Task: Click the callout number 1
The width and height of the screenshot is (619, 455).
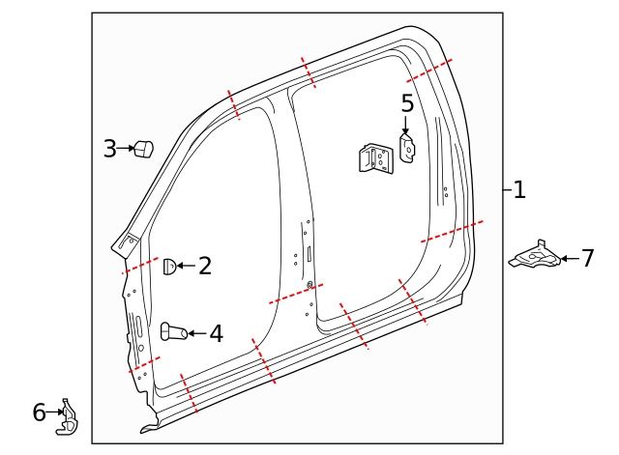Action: (x=519, y=190)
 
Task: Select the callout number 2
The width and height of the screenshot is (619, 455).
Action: (x=205, y=266)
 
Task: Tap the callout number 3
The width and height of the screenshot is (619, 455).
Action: (x=110, y=149)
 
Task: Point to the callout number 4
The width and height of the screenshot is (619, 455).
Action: (x=216, y=334)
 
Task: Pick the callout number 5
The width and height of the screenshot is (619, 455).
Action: (x=407, y=103)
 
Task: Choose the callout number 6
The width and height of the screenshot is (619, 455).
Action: (x=39, y=413)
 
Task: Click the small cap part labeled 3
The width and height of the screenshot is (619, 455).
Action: (x=143, y=150)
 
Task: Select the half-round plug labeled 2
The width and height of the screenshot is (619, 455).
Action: (x=168, y=267)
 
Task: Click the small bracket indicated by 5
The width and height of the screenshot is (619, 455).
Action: (x=407, y=148)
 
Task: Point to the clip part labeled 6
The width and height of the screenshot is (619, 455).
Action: (x=68, y=416)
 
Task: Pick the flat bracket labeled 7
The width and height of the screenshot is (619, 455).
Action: (x=534, y=256)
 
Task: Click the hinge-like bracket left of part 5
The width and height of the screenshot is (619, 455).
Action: (x=375, y=158)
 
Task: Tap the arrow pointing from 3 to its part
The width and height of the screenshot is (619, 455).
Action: (x=125, y=149)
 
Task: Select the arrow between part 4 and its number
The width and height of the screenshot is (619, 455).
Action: (x=196, y=333)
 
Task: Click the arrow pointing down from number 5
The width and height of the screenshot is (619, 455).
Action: (x=406, y=126)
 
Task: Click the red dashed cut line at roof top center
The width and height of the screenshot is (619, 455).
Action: (x=308, y=71)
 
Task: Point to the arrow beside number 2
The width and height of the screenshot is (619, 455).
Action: (x=186, y=266)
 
